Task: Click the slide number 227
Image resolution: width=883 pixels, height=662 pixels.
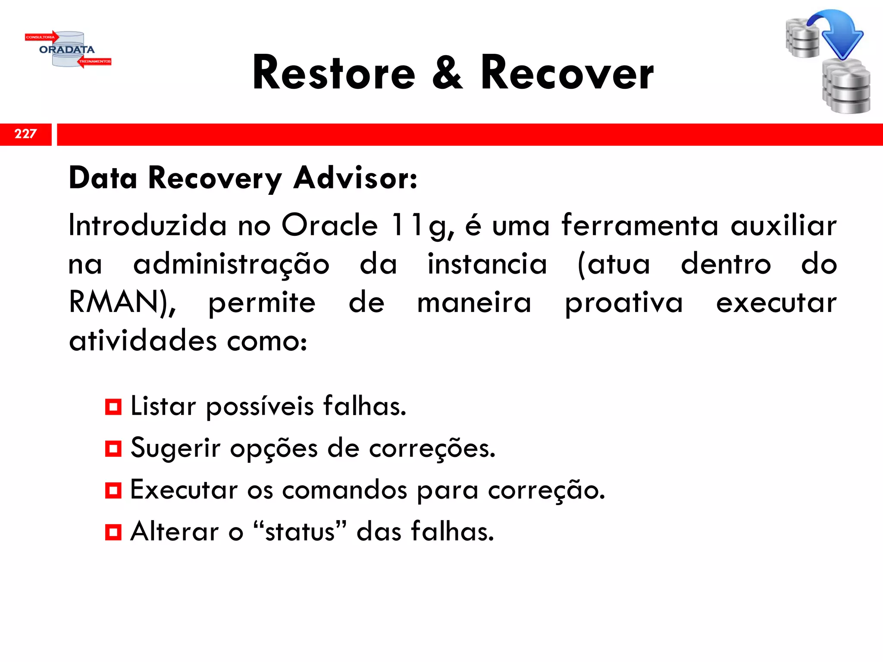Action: click(25, 134)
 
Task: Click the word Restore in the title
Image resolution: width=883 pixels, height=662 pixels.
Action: click(334, 73)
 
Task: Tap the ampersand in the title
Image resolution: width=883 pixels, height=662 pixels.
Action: click(447, 73)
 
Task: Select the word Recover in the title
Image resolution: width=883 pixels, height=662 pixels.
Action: click(567, 73)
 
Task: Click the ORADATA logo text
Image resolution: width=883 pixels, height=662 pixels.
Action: click(67, 50)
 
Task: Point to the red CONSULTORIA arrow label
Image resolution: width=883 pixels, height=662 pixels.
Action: click(41, 37)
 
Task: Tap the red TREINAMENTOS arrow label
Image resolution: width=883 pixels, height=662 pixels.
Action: click(95, 62)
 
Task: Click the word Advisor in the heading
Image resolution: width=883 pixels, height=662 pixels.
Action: click(355, 178)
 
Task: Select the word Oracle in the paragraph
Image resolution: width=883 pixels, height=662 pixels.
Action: click(330, 225)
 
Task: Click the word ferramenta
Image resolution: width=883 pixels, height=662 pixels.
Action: click(640, 225)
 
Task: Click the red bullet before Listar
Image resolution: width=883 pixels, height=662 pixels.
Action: click(113, 407)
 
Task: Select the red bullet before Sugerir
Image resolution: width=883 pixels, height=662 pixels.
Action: click(113, 449)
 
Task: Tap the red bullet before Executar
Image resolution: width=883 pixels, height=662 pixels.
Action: click(113, 490)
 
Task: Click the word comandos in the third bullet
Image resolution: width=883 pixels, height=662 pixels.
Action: click(344, 490)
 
